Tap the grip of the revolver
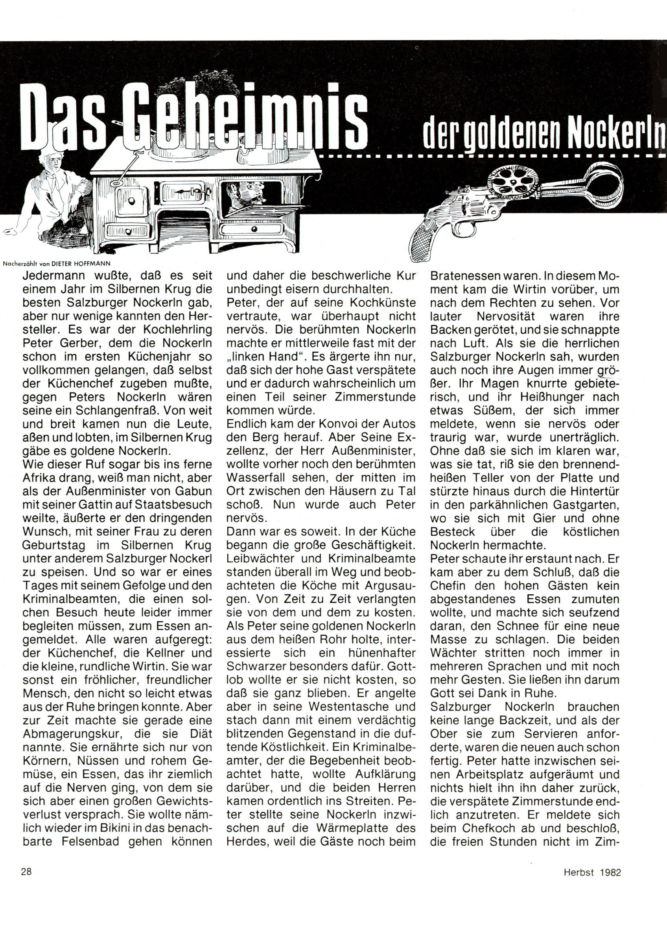[x=428, y=241]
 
